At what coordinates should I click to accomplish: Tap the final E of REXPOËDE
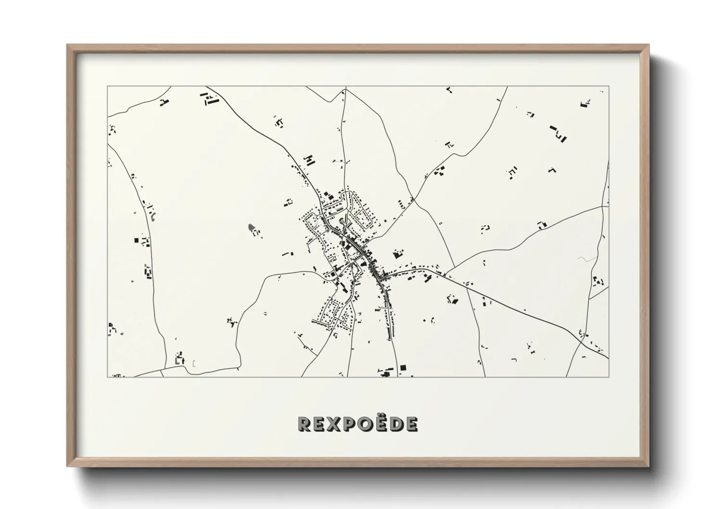point(411,424)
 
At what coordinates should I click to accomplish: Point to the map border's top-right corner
point(609,87)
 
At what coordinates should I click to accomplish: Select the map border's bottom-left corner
point(107,377)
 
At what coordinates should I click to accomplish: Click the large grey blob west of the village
point(251,227)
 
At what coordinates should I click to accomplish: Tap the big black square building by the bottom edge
point(403,368)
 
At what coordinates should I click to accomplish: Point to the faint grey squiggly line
point(586,259)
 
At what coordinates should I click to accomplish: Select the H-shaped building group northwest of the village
point(309,160)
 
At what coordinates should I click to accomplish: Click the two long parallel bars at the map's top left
point(210,100)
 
